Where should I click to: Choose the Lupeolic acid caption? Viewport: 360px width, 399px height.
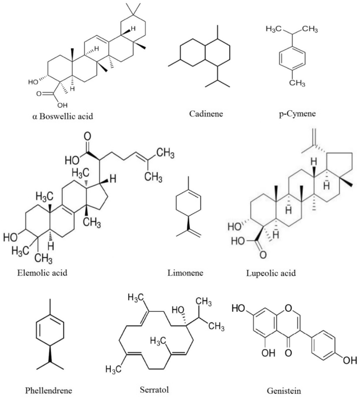tap(271, 273)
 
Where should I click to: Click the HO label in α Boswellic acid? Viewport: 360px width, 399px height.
tap(33, 82)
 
